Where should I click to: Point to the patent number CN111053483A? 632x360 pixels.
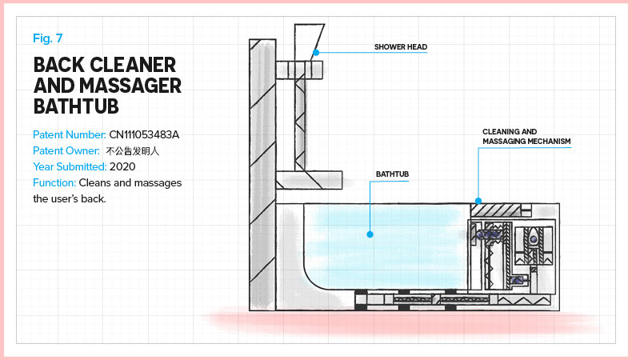[145, 134]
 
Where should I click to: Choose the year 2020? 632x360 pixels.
[123, 166]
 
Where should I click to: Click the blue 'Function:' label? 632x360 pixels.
[54, 182]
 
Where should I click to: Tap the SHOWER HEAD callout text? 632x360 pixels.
[400, 47]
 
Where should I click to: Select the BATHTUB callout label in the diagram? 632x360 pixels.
[392, 173]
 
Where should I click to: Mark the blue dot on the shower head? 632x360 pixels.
[316, 53]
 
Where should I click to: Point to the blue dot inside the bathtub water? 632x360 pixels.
[370, 234]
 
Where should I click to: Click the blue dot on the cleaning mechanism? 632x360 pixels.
[478, 200]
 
